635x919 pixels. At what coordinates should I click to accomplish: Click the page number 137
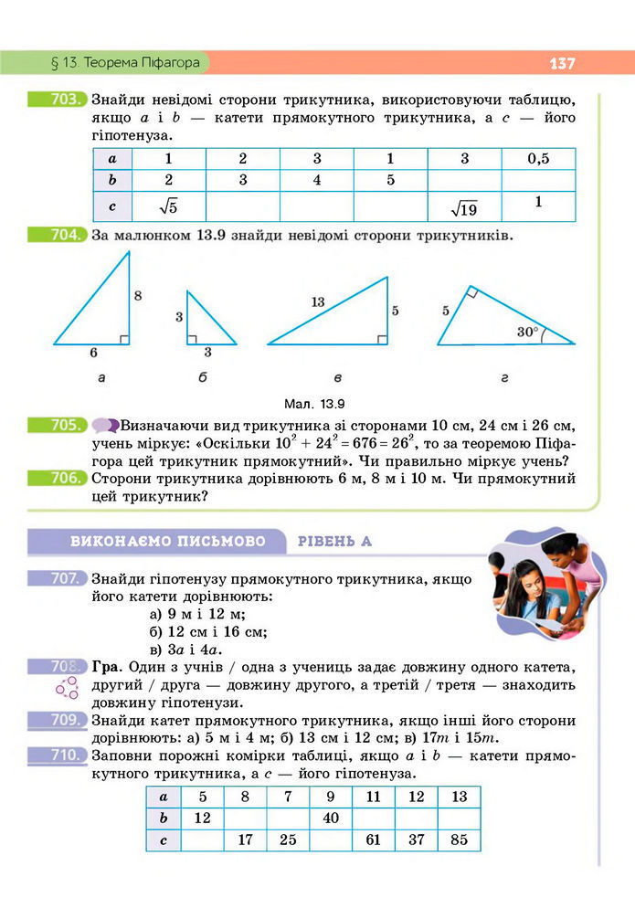(x=562, y=64)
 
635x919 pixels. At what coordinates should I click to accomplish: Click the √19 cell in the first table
(x=464, y=209)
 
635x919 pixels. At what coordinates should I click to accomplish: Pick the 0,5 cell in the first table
(x=538, y=159)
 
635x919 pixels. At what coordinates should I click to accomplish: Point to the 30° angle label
(x=527, y=332)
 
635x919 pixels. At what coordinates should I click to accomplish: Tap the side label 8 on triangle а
(x=138, y=295)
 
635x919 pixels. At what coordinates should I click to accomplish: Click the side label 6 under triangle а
(x=93, y=352)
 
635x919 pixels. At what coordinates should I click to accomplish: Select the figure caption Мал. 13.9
(x=317, y=402)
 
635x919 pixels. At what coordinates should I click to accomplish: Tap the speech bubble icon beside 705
(x=105, y=426)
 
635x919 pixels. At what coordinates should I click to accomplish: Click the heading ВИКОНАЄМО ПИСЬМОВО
(x=167, y=542)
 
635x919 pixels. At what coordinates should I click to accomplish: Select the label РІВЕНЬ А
(x=334, y=542)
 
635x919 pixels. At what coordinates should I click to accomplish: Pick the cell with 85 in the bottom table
(x=459, y=840)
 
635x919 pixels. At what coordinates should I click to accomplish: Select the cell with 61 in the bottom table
(x=373, y=840)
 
